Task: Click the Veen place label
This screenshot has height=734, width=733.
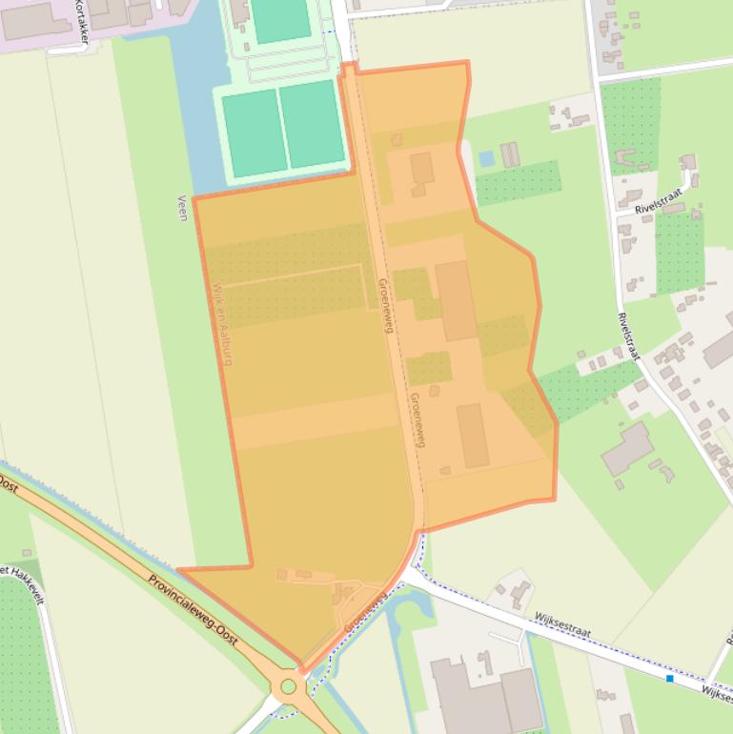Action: click(182, 208)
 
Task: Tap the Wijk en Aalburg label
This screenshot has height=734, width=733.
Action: click(222, 323)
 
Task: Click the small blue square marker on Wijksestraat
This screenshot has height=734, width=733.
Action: click(670, 679)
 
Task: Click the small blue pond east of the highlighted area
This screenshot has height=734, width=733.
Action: click(487, 158)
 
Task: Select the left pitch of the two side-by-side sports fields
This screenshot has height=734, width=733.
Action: click(255, 133)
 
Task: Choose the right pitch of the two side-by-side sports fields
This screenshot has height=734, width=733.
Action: click(313, 125)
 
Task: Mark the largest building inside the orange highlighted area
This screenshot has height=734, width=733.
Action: click(457, 300)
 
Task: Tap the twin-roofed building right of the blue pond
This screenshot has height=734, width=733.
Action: click(511, 153)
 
